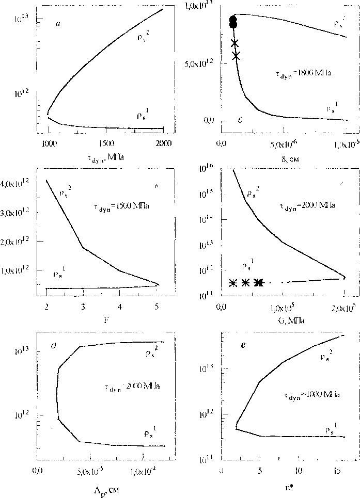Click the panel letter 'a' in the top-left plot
(59, 24)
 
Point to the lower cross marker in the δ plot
(236, 55)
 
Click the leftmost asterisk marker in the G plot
(232, 283)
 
